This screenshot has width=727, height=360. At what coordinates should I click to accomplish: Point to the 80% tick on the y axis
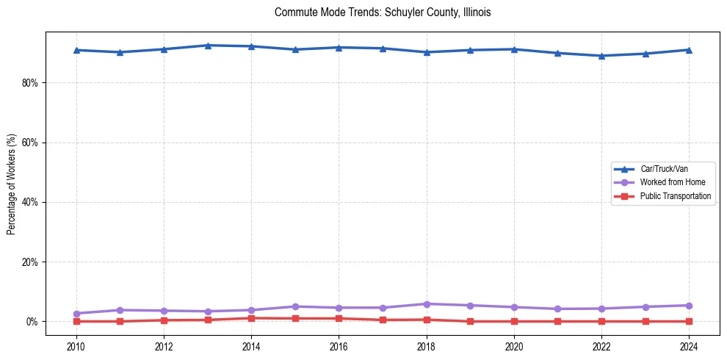[29, 83]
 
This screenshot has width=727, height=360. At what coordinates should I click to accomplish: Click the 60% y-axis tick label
[29, 143]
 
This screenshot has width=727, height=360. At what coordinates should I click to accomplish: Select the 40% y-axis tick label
[29, 202]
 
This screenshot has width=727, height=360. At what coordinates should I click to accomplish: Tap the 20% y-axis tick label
[29, 262]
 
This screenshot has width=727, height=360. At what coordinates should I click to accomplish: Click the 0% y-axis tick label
[32, 322]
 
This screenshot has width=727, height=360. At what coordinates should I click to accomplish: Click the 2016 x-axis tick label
[339, 345]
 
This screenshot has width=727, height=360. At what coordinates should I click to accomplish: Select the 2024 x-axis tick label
[689, 345]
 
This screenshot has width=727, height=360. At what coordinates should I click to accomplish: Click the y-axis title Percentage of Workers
[12, 184]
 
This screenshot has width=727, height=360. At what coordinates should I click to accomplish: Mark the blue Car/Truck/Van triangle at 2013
[208, 46]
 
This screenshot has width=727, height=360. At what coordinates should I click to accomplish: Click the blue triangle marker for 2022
[601, 56]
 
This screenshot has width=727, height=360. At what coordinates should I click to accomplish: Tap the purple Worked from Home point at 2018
[427, 304]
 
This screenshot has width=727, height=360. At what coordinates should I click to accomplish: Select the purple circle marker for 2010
[76, 314]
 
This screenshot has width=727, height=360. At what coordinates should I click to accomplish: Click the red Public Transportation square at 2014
[251, 318]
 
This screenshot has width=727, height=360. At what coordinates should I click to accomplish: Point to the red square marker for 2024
[689, 322]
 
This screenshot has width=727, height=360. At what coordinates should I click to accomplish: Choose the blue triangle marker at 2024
[689, 50]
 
